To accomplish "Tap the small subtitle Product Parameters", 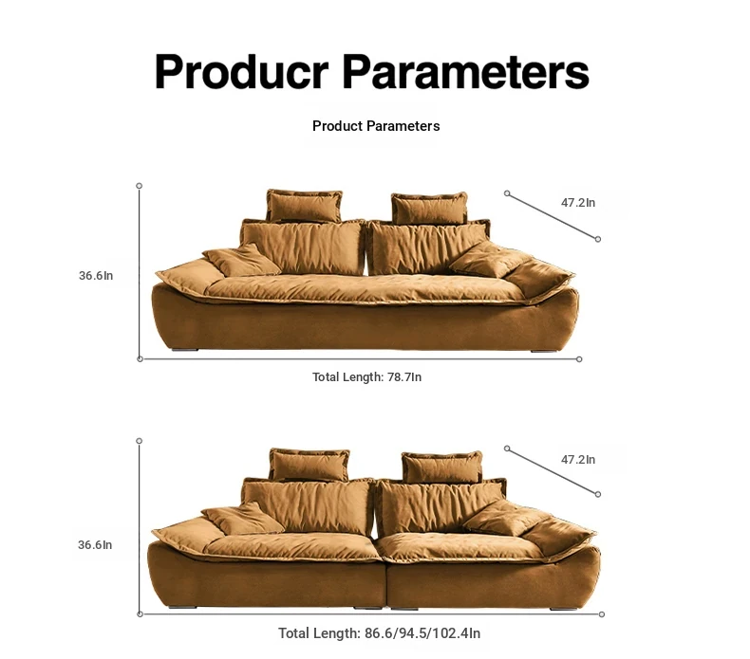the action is [x=376, y=126].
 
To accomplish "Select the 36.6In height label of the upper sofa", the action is [x=96, y=276].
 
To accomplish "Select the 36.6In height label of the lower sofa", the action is [x=95, y=545].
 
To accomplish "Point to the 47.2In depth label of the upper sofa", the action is [x=578, y=203].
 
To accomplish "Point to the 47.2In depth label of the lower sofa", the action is [x=578, y=460].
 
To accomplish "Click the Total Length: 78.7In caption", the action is [x=366, y=377].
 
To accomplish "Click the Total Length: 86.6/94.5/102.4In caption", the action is [x=380, y=633].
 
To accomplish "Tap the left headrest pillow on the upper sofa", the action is [x=304, y=206].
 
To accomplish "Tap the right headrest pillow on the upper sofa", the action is [x=429, y=209].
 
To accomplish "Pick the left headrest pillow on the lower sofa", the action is [x=309, y=465].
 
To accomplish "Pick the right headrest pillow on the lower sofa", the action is [x=442, y=467].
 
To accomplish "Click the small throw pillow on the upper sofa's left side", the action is [x=241, y=261].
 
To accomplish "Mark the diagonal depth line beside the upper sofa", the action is [x=553, y=216].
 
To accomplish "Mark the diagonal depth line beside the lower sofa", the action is [x=553, y=471].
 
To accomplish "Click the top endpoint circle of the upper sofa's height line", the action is [x=140, y=186].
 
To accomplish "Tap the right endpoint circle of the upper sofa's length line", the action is [x=579, y=358].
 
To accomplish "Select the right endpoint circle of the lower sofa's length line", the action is [x=602, y=614].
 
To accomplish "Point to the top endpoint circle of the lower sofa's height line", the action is [x=140, y=441].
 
